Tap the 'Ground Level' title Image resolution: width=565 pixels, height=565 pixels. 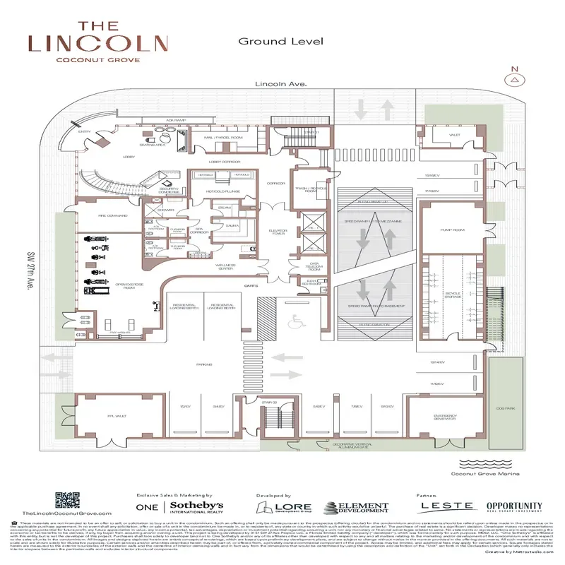(x=280, y=41)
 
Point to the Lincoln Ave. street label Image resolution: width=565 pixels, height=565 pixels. (x=282, y=84)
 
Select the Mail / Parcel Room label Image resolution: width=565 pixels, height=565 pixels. (x=223, y=137)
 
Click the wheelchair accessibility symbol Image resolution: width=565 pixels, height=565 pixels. (x=295, y=321)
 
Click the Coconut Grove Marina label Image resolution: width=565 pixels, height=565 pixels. (x=484, y=474)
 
